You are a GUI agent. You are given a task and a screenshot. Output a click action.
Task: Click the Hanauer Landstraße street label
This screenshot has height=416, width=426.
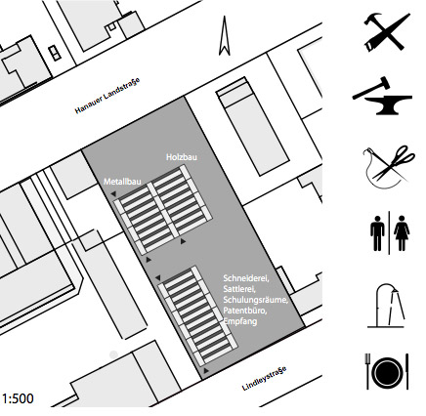[x=107, y=96]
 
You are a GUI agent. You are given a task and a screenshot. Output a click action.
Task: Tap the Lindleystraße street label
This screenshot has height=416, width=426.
[x=265, y=378]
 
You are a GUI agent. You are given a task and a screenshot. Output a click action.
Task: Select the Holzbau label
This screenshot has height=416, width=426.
[x=182, y=157]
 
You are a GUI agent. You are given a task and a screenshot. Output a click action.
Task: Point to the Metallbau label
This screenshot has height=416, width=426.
[x=122, y=182]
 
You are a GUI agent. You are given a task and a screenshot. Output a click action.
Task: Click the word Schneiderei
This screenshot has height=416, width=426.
[x=245, y=278]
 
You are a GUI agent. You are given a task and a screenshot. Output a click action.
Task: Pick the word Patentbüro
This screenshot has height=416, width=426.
[x=245, y=311]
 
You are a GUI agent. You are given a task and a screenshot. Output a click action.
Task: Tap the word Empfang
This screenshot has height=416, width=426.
[x=240, y=321]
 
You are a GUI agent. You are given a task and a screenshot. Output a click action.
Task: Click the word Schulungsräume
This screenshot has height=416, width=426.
[x=256, y=300]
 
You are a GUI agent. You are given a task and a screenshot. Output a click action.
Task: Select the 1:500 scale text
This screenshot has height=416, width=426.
[x=18, y=398]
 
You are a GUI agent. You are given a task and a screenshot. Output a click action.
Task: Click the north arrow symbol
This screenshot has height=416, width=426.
[x=225, y=36]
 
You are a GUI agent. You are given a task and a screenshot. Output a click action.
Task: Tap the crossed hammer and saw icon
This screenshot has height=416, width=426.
[x=387, y=32]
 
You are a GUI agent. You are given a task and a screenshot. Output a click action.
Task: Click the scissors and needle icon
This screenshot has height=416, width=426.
[x=389, y=167]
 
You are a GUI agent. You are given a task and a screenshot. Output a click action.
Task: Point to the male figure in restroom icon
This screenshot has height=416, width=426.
[x=377, y=233]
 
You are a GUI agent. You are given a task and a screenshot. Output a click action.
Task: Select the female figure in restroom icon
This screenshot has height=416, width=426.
[x=402, y=233]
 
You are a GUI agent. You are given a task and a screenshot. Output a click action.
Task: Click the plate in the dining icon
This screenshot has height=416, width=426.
[x=387, y=372]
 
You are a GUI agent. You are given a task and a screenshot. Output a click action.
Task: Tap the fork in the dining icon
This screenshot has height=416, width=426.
[x=367, y=371]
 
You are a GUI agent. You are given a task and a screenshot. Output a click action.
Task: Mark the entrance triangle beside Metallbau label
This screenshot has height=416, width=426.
[x=113, y=194]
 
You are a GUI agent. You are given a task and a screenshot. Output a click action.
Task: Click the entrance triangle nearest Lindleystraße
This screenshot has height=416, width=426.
[x=206, y=370]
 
